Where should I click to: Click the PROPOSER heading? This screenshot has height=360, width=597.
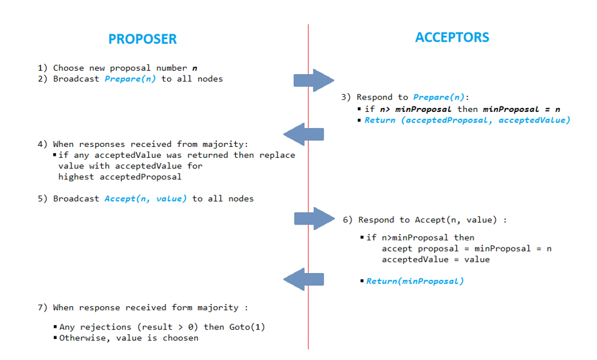tap(142, 39)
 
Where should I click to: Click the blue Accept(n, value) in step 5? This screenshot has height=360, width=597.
tap(146, 199)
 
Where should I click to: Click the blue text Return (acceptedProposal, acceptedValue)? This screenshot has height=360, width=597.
tap(467, 120)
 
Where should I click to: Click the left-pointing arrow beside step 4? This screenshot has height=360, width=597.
tap(305, 134)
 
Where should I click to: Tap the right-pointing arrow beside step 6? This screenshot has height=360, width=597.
tap(315, 218)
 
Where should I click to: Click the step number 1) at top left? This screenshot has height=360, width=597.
tap(42, 68)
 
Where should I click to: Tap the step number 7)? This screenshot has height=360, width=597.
tap(42, 308)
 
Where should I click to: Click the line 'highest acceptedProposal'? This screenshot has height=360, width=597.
tap(120, 177)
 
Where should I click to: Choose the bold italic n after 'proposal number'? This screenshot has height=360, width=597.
tap(195, 68)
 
